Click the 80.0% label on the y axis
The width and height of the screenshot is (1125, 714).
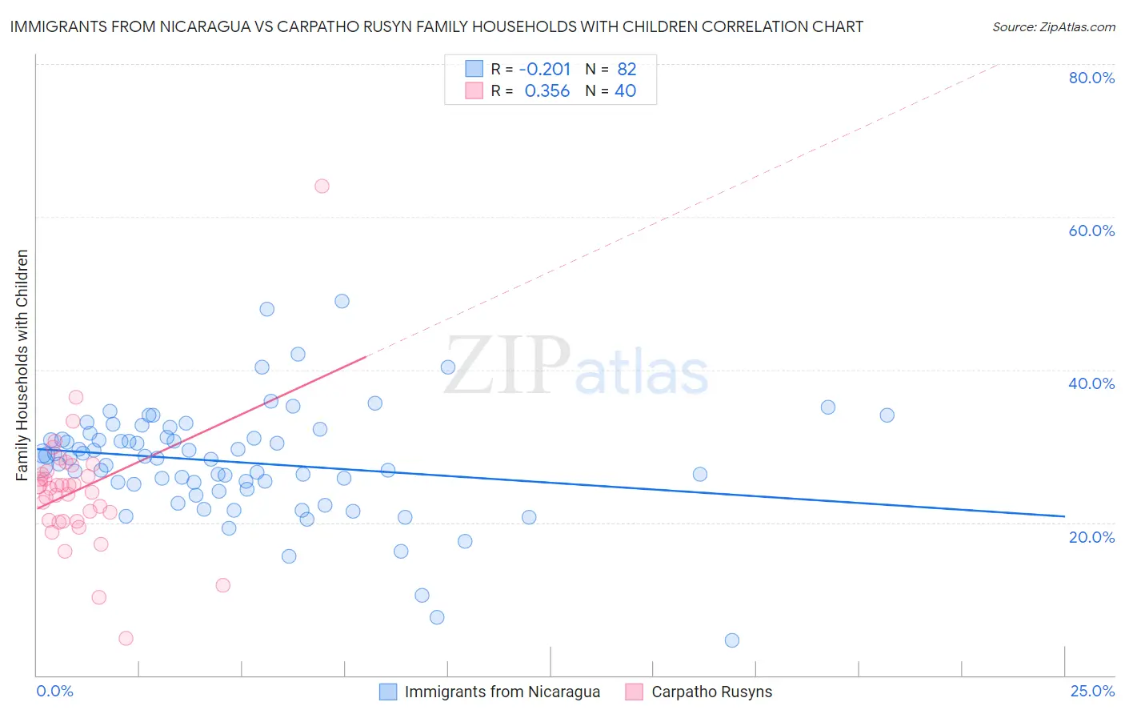point(1091,78)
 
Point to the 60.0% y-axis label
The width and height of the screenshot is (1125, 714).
point(1091,231)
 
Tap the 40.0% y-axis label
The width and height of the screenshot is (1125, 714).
point(1091,383)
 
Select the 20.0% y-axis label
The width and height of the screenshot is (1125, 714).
point(1091,536)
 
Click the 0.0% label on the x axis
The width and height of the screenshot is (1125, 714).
point(54,691)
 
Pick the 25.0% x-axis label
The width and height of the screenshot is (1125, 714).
point(1092,691)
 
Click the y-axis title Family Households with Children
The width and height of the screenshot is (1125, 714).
point(22,365)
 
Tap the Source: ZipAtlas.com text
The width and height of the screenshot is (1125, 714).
point(1053,27)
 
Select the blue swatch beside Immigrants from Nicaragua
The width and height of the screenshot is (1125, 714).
point(388,692)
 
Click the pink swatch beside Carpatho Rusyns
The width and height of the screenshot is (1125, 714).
point(635,692)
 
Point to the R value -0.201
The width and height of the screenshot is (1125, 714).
point(545,69)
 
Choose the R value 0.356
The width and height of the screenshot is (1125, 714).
point(547,91)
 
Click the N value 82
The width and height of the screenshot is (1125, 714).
point(627,69)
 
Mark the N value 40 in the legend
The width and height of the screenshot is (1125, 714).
point(625,91)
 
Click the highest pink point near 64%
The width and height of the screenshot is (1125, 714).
point(322,186)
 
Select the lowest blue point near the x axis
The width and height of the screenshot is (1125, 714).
point(731,640)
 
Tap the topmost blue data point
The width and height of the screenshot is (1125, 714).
point(342,301)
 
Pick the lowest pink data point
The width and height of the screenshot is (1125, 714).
point(126,638)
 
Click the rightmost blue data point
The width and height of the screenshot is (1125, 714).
point(887,415)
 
